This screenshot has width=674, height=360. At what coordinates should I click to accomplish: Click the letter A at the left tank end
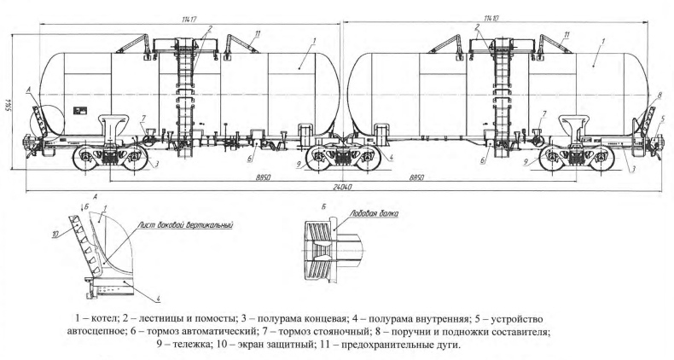(28, 89)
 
